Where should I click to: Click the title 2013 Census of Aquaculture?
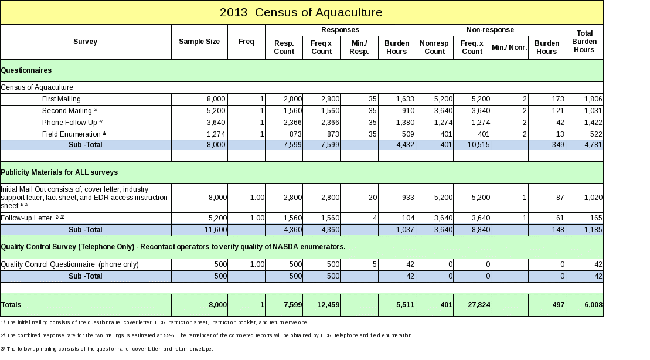coord(301,12)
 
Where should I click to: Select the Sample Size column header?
coord(199,42)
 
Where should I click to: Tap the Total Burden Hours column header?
coord(584,42)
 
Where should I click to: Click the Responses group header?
coord(340,30)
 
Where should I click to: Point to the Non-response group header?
coord(490,30)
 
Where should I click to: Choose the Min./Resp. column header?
coord(359,47)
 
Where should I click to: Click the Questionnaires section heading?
coord(26,70)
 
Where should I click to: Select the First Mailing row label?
coord(62,99)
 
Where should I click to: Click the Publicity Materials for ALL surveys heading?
coord(59,172)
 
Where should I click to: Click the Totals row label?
coord(12,305)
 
